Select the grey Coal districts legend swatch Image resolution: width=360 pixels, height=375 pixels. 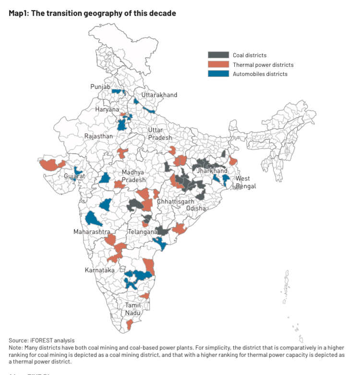[x=218, y=55]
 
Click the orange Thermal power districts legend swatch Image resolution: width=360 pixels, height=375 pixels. [x=218, y=65]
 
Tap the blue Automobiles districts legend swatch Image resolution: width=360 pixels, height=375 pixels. [x=218, y=74]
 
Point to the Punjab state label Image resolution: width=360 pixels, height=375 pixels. [x=100, y=87]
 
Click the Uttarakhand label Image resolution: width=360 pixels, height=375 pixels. [x=159, y=95]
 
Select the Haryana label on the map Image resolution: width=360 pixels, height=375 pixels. [x=107, y=109]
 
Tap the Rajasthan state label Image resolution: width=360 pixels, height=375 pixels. [x=98, y=136]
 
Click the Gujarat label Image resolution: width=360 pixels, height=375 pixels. [x=74, y=176]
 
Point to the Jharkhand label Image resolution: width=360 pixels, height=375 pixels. [x=212, y=171]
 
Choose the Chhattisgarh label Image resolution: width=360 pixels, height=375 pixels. [x=175, y=202]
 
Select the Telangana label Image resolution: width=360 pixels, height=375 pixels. [x=143, y=232]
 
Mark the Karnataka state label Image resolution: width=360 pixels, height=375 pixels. [x=99, y=270]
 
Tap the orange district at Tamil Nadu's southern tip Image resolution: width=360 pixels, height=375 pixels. [x=129, y=325]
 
